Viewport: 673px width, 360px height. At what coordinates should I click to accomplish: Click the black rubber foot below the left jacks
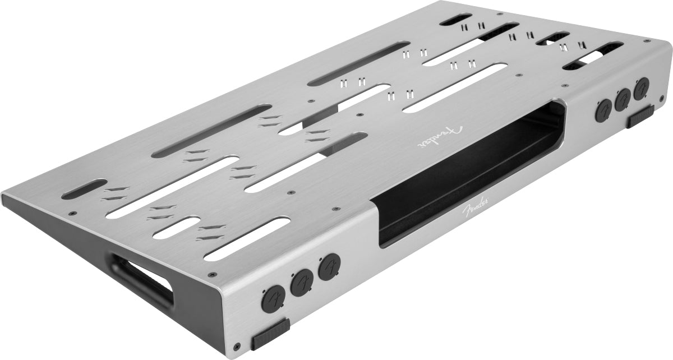[x=270, y=335]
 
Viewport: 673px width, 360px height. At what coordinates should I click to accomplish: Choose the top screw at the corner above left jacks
[x=211, y=275]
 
